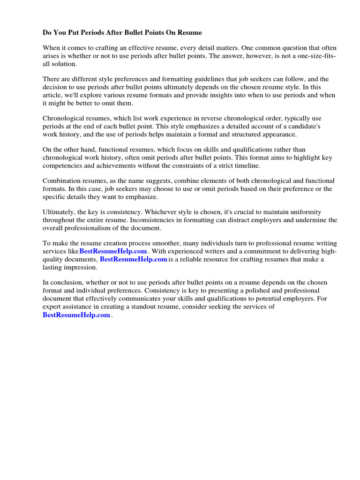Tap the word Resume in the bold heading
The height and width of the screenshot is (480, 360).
[x=190, y=33]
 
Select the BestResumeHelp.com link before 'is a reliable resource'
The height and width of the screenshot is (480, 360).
[x=134, y=259]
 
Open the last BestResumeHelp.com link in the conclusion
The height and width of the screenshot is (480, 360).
[x=76, y=315]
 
